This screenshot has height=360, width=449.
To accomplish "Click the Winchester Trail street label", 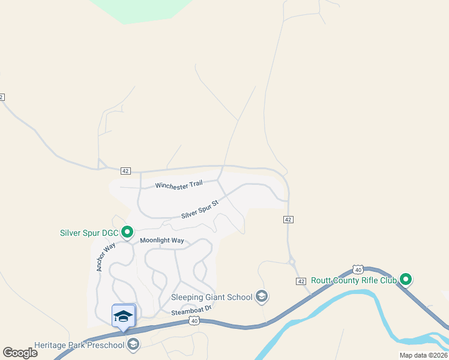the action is click(179, 185).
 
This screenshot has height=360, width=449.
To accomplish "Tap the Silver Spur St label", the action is click(200, 208).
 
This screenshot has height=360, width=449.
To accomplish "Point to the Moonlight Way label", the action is click(161, 241).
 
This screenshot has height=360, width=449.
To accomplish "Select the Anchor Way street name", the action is click(105, 256).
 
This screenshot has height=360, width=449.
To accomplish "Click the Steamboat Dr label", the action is click(192, 311).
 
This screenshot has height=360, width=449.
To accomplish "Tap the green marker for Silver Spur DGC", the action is click(127, 232).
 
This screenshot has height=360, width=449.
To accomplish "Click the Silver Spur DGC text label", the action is click(89, 233).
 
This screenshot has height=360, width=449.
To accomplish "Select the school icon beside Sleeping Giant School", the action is click(261, 296).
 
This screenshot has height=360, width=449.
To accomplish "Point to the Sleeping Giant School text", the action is click(211, 296).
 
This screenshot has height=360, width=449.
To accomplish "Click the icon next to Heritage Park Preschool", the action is click(133, 344).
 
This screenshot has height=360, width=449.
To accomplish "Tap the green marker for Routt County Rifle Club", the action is click(406, 279).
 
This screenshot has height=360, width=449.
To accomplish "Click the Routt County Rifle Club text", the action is click(354, 280).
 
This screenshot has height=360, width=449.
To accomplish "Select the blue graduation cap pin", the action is click(124, 316).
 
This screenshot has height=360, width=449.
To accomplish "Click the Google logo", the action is click(20, 352).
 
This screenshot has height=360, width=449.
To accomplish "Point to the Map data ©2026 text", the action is click(423, 355).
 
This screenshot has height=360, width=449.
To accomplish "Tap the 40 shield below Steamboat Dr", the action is click(194, 322).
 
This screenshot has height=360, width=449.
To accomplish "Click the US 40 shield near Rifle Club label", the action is click(358, 270).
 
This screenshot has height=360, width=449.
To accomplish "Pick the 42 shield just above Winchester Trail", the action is click(125, 171).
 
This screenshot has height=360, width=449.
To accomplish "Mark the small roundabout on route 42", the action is click(292, 262).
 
